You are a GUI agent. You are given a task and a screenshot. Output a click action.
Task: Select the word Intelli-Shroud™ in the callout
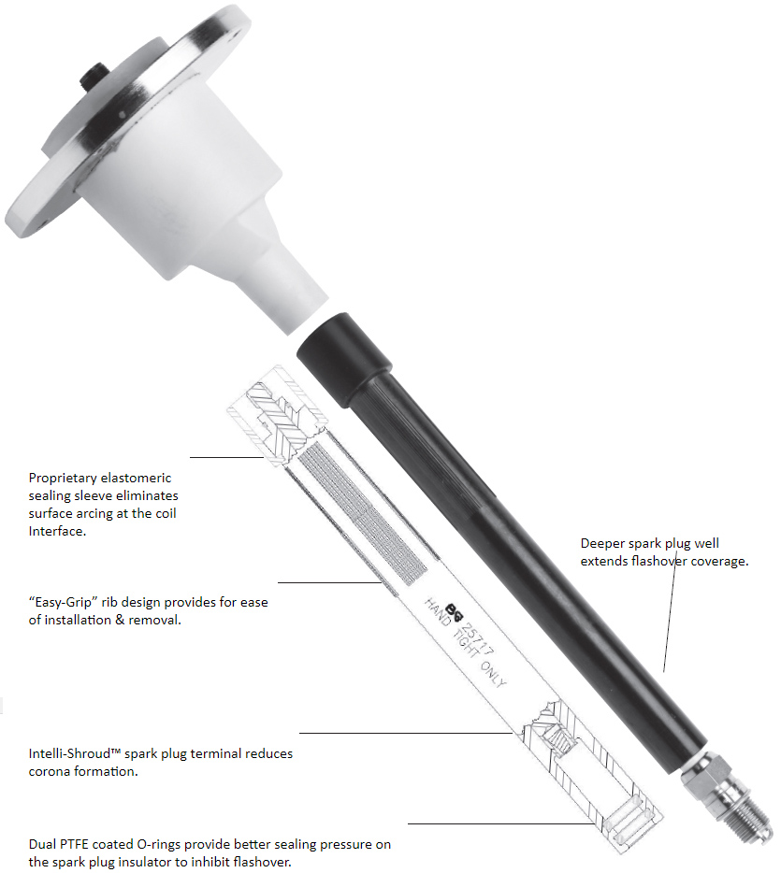pyautogui.click(x=75, y=753)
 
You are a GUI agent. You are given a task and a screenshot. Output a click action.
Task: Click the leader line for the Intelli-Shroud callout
pyautogui.click(x=406, y=733)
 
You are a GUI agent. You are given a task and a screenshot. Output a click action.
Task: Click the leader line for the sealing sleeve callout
pyautogui.click(x=226, y=458)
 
